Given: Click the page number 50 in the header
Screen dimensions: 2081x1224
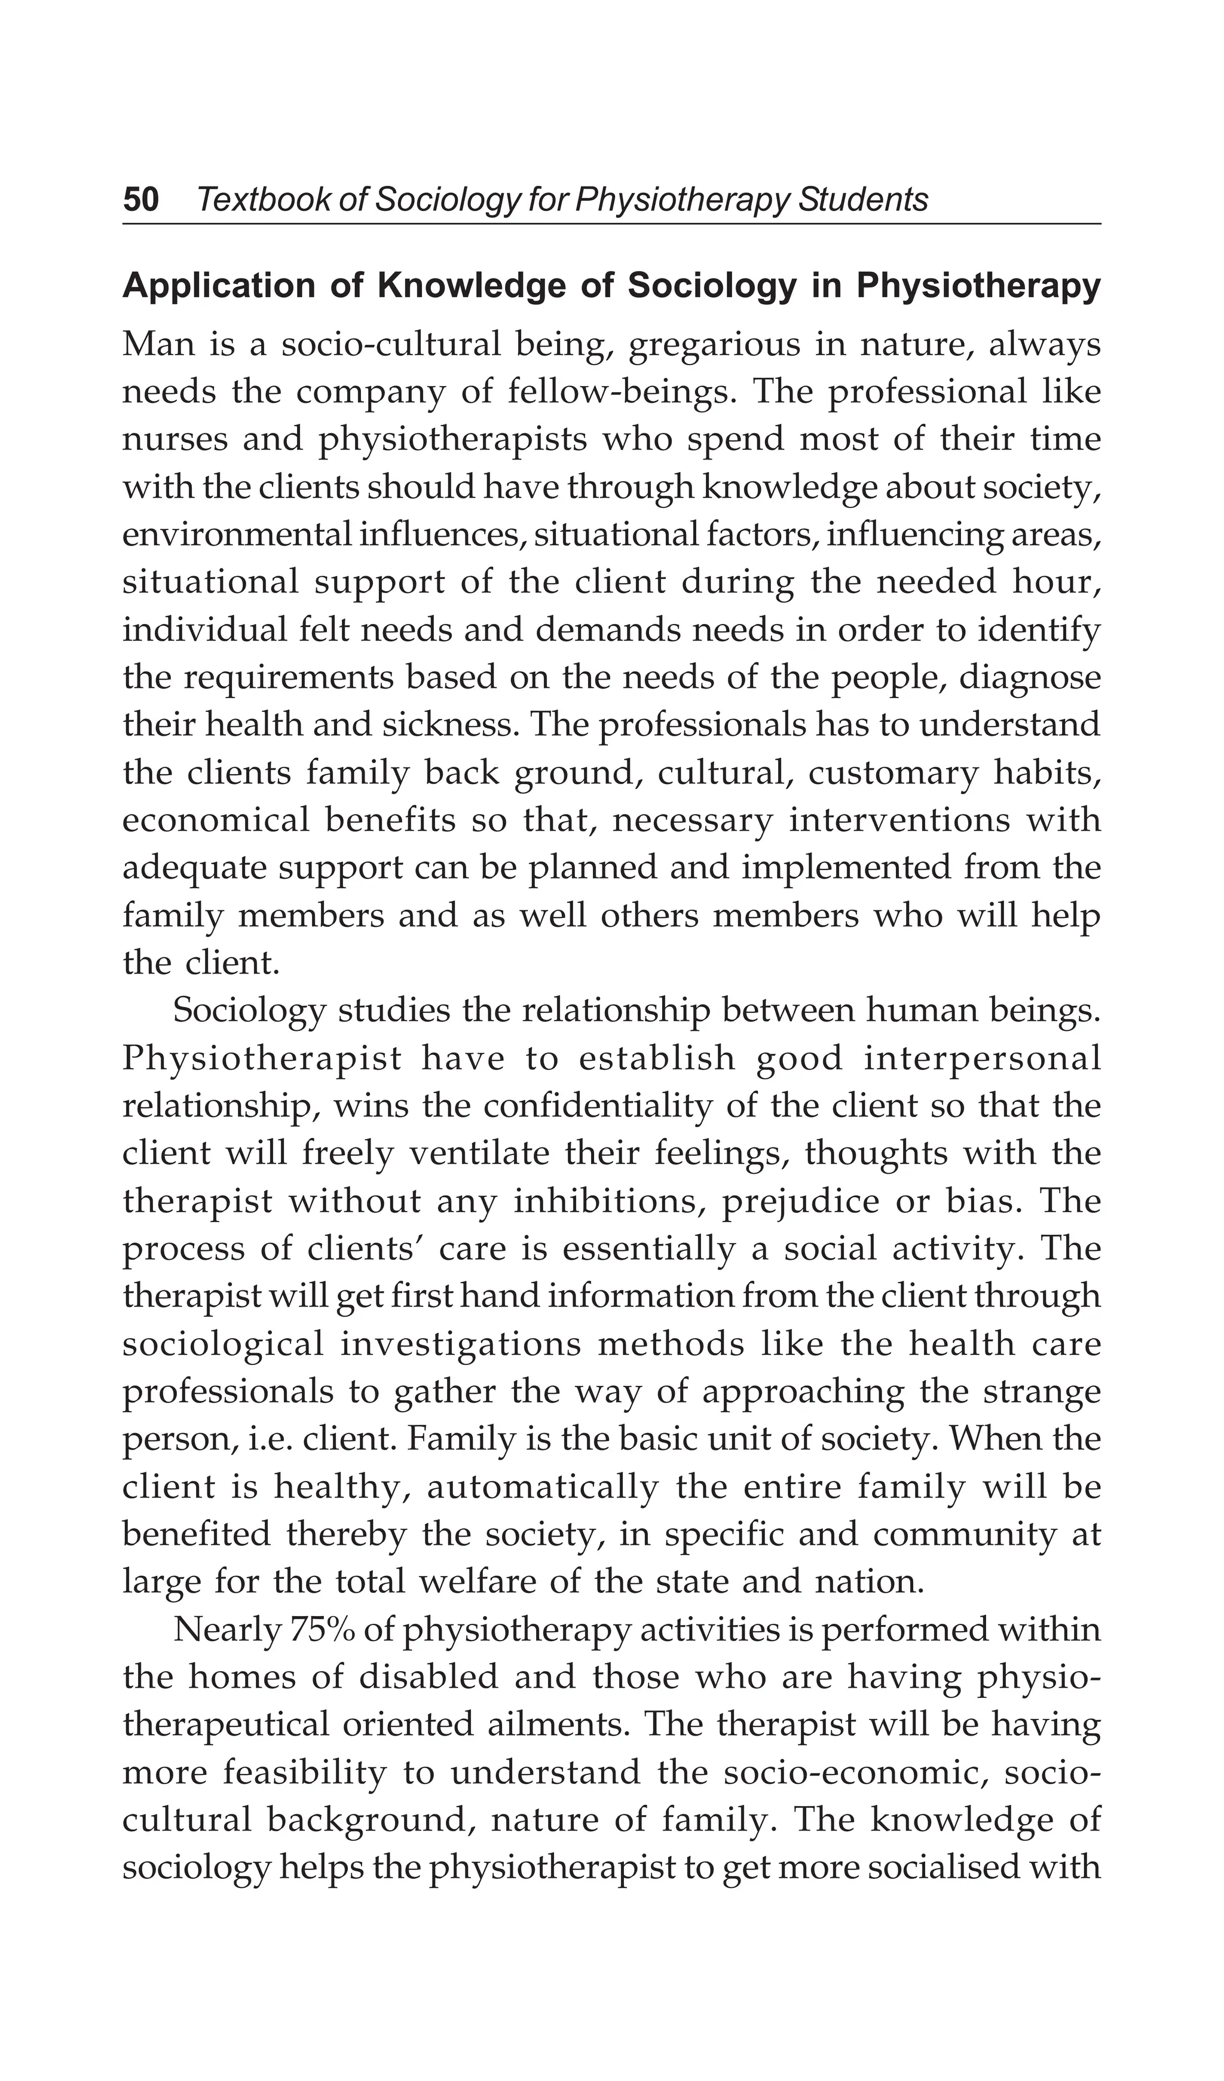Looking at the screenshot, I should (140, 200).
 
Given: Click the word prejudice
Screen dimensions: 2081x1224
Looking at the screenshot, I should (800, 1201).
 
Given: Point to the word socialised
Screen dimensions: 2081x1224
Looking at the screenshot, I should (947, 1869).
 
